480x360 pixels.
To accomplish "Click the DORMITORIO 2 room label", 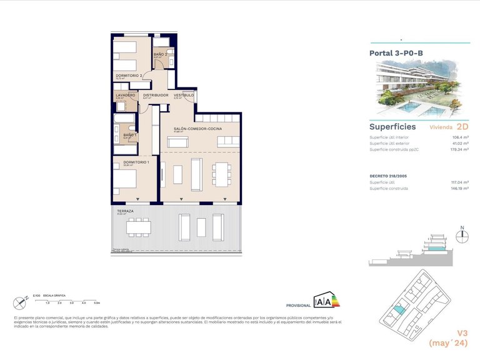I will tap(129, 75).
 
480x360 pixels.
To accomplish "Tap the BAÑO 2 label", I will tap(160, 54).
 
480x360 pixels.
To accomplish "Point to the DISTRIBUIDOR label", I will tap(156, 95).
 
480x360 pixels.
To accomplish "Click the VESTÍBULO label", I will tap(184, 95).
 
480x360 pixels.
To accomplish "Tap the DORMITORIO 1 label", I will tap(135, 162).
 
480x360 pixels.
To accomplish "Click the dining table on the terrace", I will tap(138, 226).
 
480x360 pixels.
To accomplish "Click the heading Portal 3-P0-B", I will tap(396, 54).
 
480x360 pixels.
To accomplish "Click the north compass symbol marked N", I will tap(462, 236).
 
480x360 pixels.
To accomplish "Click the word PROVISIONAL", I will tap(297, 305).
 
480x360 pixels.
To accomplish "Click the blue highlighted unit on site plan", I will tap(398, 309).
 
